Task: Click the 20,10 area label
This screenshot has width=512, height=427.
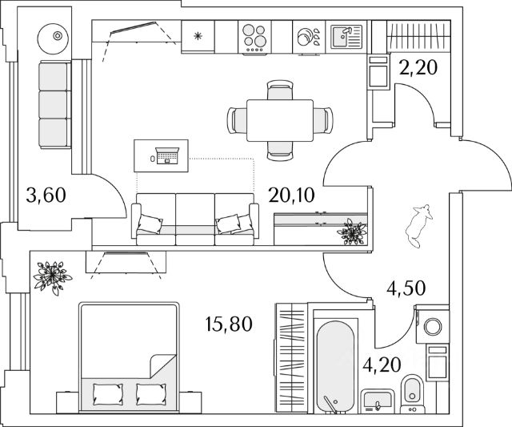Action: pos(291,195)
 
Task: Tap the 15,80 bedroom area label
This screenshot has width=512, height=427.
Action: pos(230,324)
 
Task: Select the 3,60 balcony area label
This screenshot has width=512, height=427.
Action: pos(46,195)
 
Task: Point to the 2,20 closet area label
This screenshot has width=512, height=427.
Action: pos(418,67)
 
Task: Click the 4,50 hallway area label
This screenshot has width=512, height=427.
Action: pos(406,288)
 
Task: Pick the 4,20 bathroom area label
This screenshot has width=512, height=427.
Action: pos(382,365)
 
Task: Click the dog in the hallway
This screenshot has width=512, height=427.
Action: pos(418,226)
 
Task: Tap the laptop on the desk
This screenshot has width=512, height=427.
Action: pos(167,155)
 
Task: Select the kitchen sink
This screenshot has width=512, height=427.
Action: pos(346,37)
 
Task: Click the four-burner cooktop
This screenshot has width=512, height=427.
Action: pos(254,37)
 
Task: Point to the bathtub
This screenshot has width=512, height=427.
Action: pos(336,364)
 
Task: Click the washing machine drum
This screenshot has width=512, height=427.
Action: pos(434,326)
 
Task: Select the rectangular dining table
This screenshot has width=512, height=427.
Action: pos(280,121)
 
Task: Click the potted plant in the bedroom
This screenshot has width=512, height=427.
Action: pos(51,277)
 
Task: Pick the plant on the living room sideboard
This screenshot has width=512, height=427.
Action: pos(352,232)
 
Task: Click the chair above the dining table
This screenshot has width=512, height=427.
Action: pos(280,90)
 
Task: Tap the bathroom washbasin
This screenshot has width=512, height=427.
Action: pos(378,401)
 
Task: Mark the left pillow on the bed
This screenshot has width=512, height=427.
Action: pos(108,393)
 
